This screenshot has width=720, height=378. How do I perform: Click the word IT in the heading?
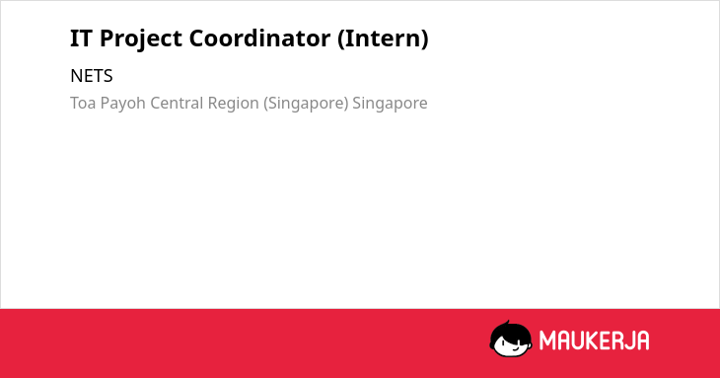coord(81,38)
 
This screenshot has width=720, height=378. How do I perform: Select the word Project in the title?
coord(140,39)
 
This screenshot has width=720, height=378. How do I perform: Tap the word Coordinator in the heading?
coord(259,38)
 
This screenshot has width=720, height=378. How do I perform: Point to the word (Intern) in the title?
coord(383,38)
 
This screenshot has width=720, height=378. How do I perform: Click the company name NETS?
coord(92,76)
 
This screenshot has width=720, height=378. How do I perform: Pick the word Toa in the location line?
coord(83,103)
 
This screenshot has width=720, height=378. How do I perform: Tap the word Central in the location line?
coord(177,103)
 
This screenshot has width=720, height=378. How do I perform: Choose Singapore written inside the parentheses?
coord(307,104)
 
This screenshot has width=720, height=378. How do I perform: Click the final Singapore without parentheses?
coord(390,104)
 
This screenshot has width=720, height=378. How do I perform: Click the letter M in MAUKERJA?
coord(547,340)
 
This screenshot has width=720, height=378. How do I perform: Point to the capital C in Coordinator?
coord(197,38)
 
